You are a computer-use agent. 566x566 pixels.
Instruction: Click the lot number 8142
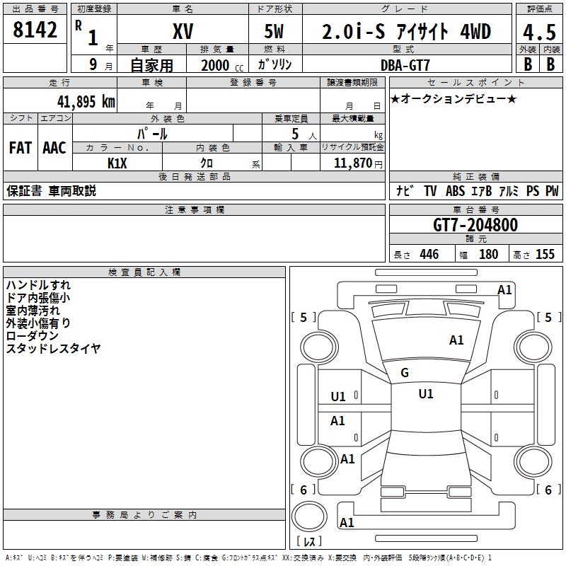35,30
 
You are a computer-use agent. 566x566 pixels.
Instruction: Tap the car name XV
183,31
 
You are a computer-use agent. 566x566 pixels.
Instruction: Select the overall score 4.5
539,32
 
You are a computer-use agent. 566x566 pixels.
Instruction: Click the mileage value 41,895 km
86,101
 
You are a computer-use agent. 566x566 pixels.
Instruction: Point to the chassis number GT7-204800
475,225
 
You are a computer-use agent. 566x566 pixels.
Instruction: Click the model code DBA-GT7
405,65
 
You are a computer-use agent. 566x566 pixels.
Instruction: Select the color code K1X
117,163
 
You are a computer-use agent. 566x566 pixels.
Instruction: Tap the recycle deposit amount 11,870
353,163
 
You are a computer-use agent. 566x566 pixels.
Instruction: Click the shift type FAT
21,148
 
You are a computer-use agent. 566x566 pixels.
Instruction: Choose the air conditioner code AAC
54,148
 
